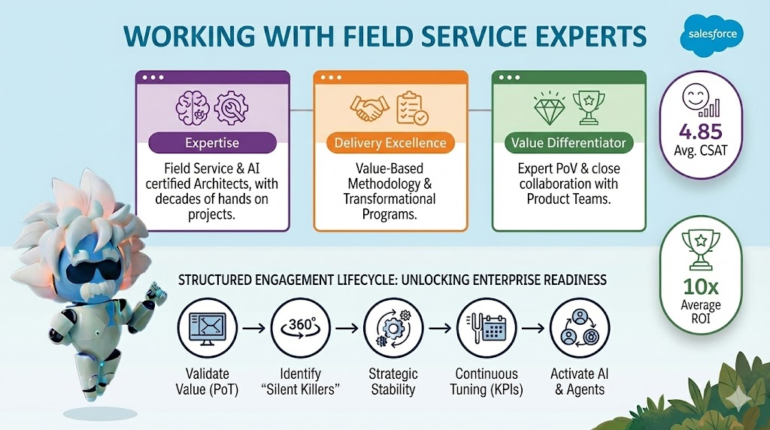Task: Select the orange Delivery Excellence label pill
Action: (x=390, y=143)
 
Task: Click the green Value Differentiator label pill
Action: (x=568, y=143)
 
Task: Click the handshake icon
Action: (x=368, y=109)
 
